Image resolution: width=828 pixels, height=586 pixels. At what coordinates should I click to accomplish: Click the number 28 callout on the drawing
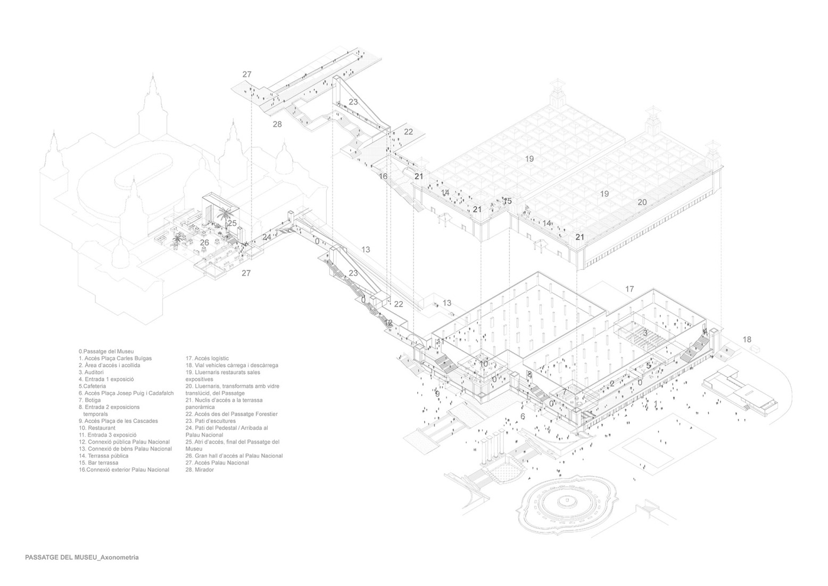click(x=277, y=125)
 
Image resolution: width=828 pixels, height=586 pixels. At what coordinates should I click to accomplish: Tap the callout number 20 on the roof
click(x=642, y=202)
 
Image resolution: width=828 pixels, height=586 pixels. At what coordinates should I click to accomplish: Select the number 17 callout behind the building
click(x=630, y=289)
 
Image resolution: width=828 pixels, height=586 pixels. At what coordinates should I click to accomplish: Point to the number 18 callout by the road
click(x=747, y=339)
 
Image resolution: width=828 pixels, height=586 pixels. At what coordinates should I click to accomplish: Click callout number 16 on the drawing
click(x=383, y=176)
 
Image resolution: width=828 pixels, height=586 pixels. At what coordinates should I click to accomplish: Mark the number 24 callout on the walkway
click(x=267, y=237)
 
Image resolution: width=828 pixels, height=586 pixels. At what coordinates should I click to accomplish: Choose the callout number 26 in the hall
click(x=205, y=242)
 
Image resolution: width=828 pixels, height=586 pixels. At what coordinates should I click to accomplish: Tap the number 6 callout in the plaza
click(x=523, y=416)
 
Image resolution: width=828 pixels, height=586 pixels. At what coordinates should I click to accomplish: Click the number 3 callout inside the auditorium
click(x=645, y=333)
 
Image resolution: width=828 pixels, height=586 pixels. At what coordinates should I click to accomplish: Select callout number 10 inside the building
click(x=484, y=364)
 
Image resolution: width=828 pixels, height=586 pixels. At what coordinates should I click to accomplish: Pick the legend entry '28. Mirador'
click(x=200, y=470)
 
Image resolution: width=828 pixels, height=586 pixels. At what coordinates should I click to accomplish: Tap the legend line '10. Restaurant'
click(x=97, y=428)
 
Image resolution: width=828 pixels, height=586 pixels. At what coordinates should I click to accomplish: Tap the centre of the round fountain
click(x=568, y=500)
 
